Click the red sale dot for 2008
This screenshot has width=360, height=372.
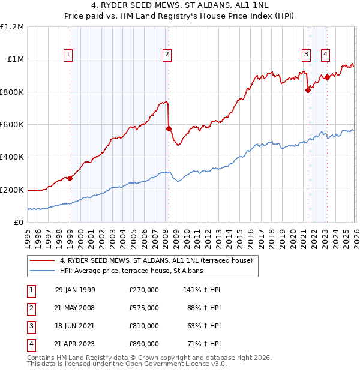(x=169, y=128)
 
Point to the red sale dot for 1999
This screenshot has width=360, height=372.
(x=70, y=178)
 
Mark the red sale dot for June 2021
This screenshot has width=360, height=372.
(x=308, y=91)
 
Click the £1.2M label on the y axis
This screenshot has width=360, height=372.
(x=12, y=27)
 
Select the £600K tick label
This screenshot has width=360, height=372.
(x=12, y=125)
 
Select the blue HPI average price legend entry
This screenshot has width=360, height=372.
(x=131, y=271)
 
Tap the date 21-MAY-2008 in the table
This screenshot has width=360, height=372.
(x=75, y=308)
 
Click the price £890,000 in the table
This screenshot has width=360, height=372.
(x=144, y=344)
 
